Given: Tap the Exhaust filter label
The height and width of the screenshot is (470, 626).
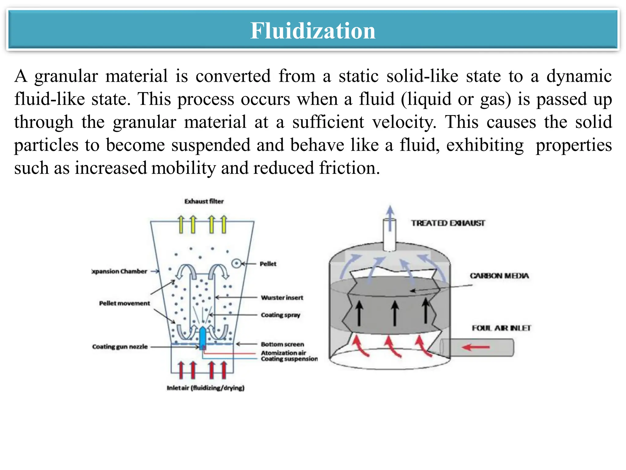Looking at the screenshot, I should pyautogui.click(x=204, y=201).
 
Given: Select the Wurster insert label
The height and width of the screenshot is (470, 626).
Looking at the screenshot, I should pyautogui.click(x=282, y=297).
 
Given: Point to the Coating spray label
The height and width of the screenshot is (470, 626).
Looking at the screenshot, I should pyautogui.click(x=280, y=315).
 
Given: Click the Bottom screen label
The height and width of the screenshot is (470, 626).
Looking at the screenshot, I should pyautogui.click(x=282, y=344).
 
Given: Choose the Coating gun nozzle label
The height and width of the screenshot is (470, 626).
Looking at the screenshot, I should pyautogui.click(x=120, y=347).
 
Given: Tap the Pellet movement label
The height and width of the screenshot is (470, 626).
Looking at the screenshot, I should pyautogui.click(x=124, y=303).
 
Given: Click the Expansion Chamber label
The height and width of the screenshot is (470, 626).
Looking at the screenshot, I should pyautogui.click(x=120, y=271).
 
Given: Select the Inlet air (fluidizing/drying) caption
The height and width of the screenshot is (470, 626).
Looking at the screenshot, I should pyautogui.click(x=205, y=388).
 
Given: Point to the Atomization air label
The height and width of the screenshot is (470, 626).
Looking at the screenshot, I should pyautogui.click(x=283, y=353).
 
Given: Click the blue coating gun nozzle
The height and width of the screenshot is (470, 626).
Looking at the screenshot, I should pyautogui.click(x=202, y=338).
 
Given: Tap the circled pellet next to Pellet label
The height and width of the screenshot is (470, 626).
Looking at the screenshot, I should pyautogui.click(x=236, y=263).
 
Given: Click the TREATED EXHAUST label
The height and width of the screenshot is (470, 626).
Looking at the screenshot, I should pyautogui.click(x=448, y=223).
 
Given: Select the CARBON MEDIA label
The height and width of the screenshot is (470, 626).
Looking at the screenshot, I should pyautogui.click(x=499, y=276).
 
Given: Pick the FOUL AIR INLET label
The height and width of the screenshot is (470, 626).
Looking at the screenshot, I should pyautogui.click(x=501, y=328).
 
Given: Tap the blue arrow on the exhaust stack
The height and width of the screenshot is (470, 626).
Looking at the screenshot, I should pyautogui.click(x=390, y=217).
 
